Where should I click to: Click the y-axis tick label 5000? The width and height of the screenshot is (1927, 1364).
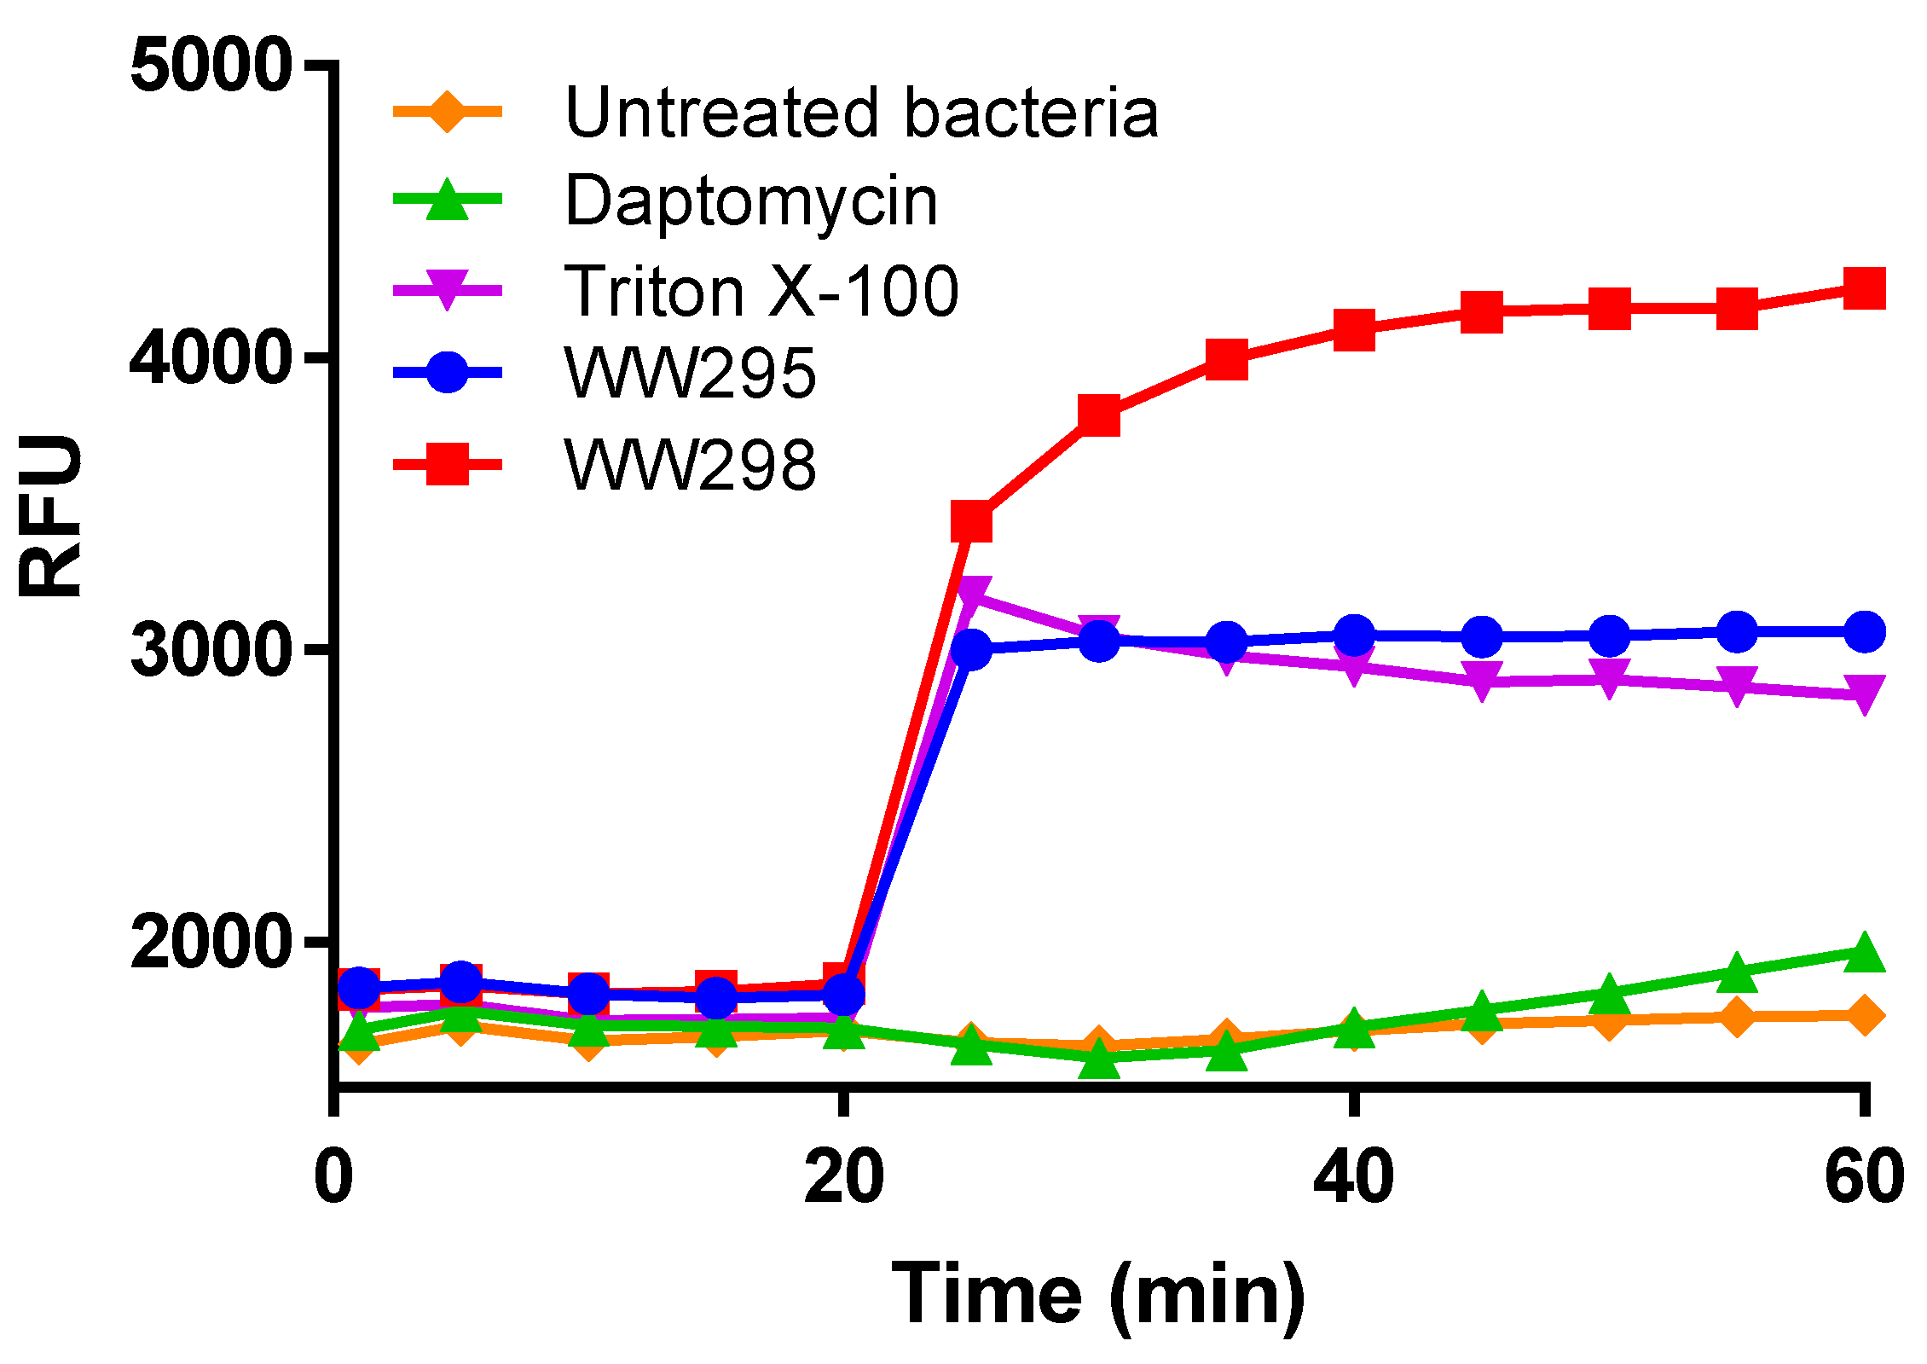click(x=209, y=66)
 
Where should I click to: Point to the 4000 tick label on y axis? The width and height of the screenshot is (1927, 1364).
click(x=209, y=358)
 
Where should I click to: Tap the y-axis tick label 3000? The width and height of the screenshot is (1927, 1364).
click(x=209, y=652)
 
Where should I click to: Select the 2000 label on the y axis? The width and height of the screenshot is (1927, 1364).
click(x=209, y=943)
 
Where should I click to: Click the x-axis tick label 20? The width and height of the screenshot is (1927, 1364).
click(x=843, y=1177)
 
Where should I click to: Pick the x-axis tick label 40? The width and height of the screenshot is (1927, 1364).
click(x=1353, y=1177)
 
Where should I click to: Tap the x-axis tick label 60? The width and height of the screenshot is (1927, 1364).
click(x=1864, y=1177)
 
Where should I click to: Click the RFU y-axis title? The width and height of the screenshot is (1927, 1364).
click(x=51, y=516)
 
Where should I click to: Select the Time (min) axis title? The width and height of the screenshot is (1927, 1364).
click(x=1097, y=1295)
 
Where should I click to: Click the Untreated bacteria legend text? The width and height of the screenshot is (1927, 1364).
click(x=861, y=113)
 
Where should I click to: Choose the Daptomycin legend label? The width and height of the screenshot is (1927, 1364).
click(x=750, y=201)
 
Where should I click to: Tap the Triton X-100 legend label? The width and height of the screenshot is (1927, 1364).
click(x=761, y=291)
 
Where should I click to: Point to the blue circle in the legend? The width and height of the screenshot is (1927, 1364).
click(x=447, y=372)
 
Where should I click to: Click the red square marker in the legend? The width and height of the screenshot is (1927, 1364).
click(x=447, y=464)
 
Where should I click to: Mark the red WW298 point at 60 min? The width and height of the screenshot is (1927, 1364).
click(x=1864, y=288)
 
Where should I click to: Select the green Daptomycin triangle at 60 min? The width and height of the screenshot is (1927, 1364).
click(x=1864, y=953)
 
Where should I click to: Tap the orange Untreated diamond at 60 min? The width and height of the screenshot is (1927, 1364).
click(x=1864, y=1015)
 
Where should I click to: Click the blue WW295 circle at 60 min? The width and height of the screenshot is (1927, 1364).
click(x=1864, y=632)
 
